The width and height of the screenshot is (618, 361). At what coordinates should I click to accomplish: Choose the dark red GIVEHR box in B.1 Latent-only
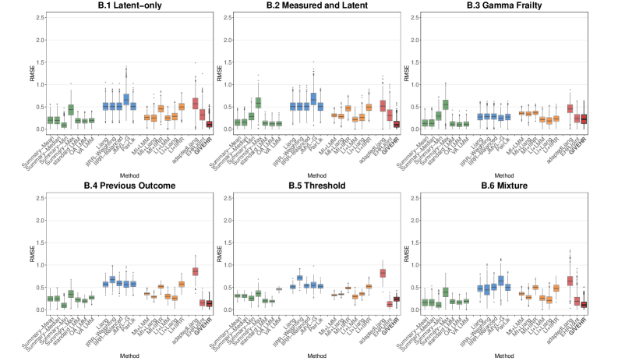click(x=209, y=124)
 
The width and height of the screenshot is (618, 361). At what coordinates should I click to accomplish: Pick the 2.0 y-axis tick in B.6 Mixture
click(x=439, y=220)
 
